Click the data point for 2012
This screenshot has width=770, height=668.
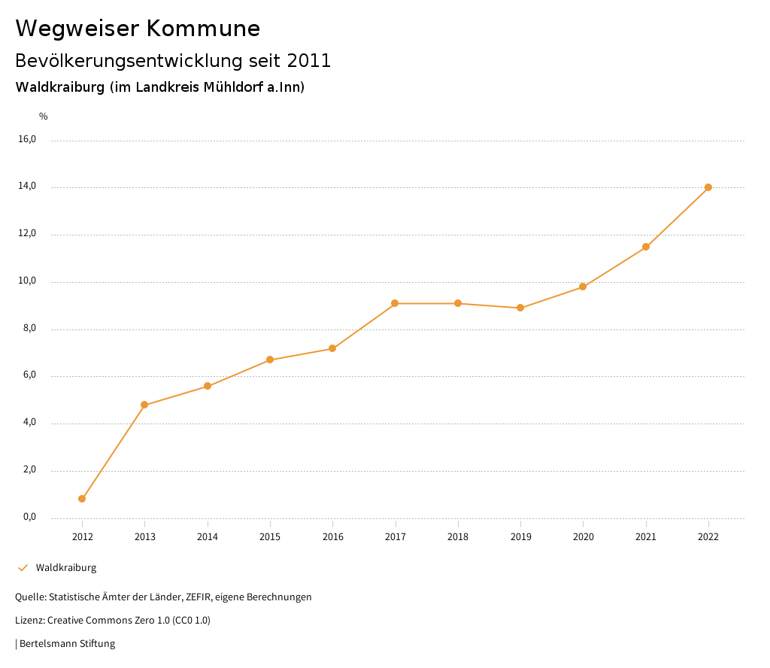click(x=82, y=499)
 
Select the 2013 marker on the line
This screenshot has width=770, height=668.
click(x=144, y=405)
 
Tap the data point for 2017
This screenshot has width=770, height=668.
click(x=395, y=303)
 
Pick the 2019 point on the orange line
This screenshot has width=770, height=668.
click(x=520, y=308)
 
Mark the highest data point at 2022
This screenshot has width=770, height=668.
click(x=708, y=187)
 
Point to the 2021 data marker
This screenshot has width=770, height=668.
click(x=646, y=247)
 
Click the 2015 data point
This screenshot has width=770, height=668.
click(x=270, y=360)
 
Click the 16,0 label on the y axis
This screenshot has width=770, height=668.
click(x=27, y=139)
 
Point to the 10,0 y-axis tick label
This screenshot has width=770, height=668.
click(x=27, y=281)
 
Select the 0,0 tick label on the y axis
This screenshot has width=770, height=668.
click(x=28, y=517)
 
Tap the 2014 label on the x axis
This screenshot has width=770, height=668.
click(x=208, y=537)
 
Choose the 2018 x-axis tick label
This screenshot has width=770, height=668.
click(x=458, y=537)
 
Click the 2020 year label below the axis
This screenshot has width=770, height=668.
click(x=583, y=537)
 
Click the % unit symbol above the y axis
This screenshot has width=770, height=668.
click(x=44, y=117)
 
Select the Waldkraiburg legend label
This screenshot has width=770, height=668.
click(x=66, y=568)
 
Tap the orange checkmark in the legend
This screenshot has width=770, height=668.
click(x=23, y=568)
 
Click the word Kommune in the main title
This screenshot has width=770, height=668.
click(x=203, y=29)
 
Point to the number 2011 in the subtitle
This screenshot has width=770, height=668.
click(x=309, y=61)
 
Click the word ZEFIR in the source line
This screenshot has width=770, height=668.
click(x=197, y=597)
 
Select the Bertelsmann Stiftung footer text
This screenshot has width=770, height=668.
click(x=67, y=644)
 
